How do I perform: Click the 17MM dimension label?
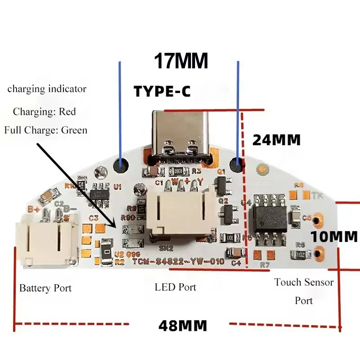tap(180, 61)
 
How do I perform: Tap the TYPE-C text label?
tap(162, 91)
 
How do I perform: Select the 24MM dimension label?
tap(276, 140)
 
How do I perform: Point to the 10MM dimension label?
tap(334, 237)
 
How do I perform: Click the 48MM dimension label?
tap(183, 326)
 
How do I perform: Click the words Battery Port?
tap(45, 288)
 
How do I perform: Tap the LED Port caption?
tap(175, 287)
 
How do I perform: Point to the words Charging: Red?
tap(44, 111)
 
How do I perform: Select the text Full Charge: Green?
tap(46, 130)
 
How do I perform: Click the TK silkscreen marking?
tap(317, 195)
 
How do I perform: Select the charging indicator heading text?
tap(46, 89)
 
